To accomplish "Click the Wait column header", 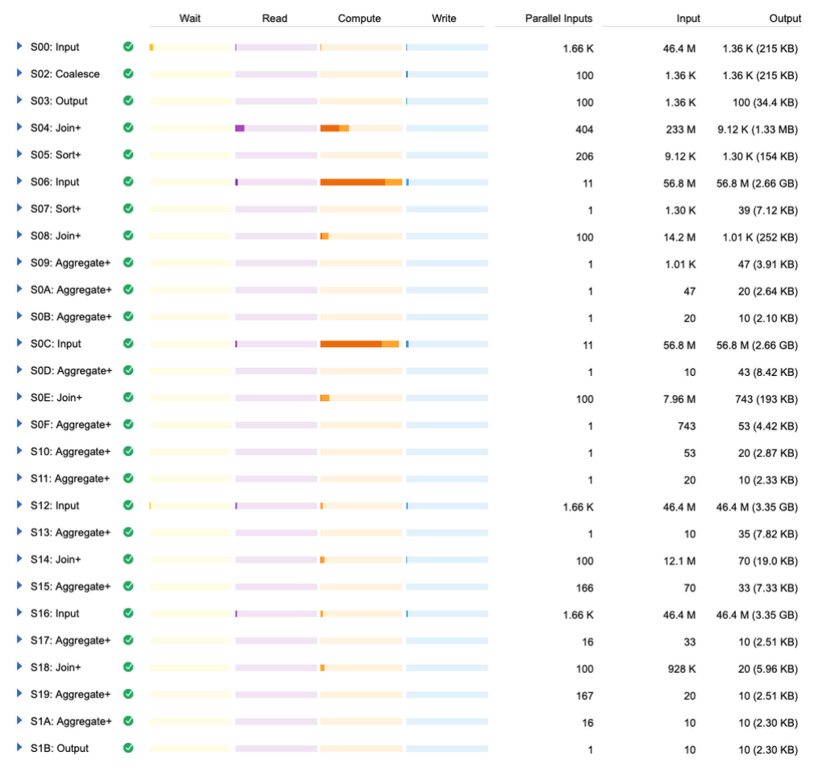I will tap(190, 18).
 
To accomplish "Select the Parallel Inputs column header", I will tap(558, 18).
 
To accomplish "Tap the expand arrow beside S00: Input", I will tap(19, 47).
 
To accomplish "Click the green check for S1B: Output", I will tap(128, 748).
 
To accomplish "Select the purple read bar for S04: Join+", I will tap(240, 128).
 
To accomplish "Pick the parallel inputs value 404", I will tap(584, 129).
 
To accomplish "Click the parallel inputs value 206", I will tap(584, 156).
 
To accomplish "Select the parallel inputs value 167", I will tap(584, 695).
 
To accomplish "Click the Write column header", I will tap(444, 18).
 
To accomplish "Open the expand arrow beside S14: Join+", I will tap(19, 559).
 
